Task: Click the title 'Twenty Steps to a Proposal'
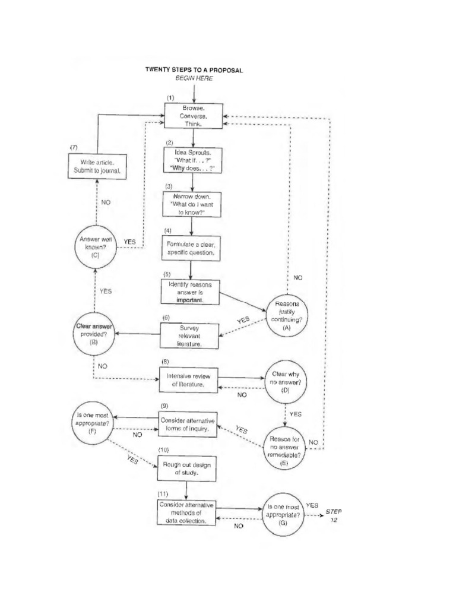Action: pyautogui.click(x=194, y=69)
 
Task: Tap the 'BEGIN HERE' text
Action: pyautogui.click(x=194, y=78)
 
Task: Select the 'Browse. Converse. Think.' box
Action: pyautogui.click(x=193, y=117)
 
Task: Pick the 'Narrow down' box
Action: pyautogui.click(x=191, y=202)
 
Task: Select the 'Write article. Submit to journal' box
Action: pyautogui.click(x=97, y=166)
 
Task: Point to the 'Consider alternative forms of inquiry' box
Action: pyautogui.click(x=186, y=425)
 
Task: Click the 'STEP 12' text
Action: pyautogui.click(x=334, y=515)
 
